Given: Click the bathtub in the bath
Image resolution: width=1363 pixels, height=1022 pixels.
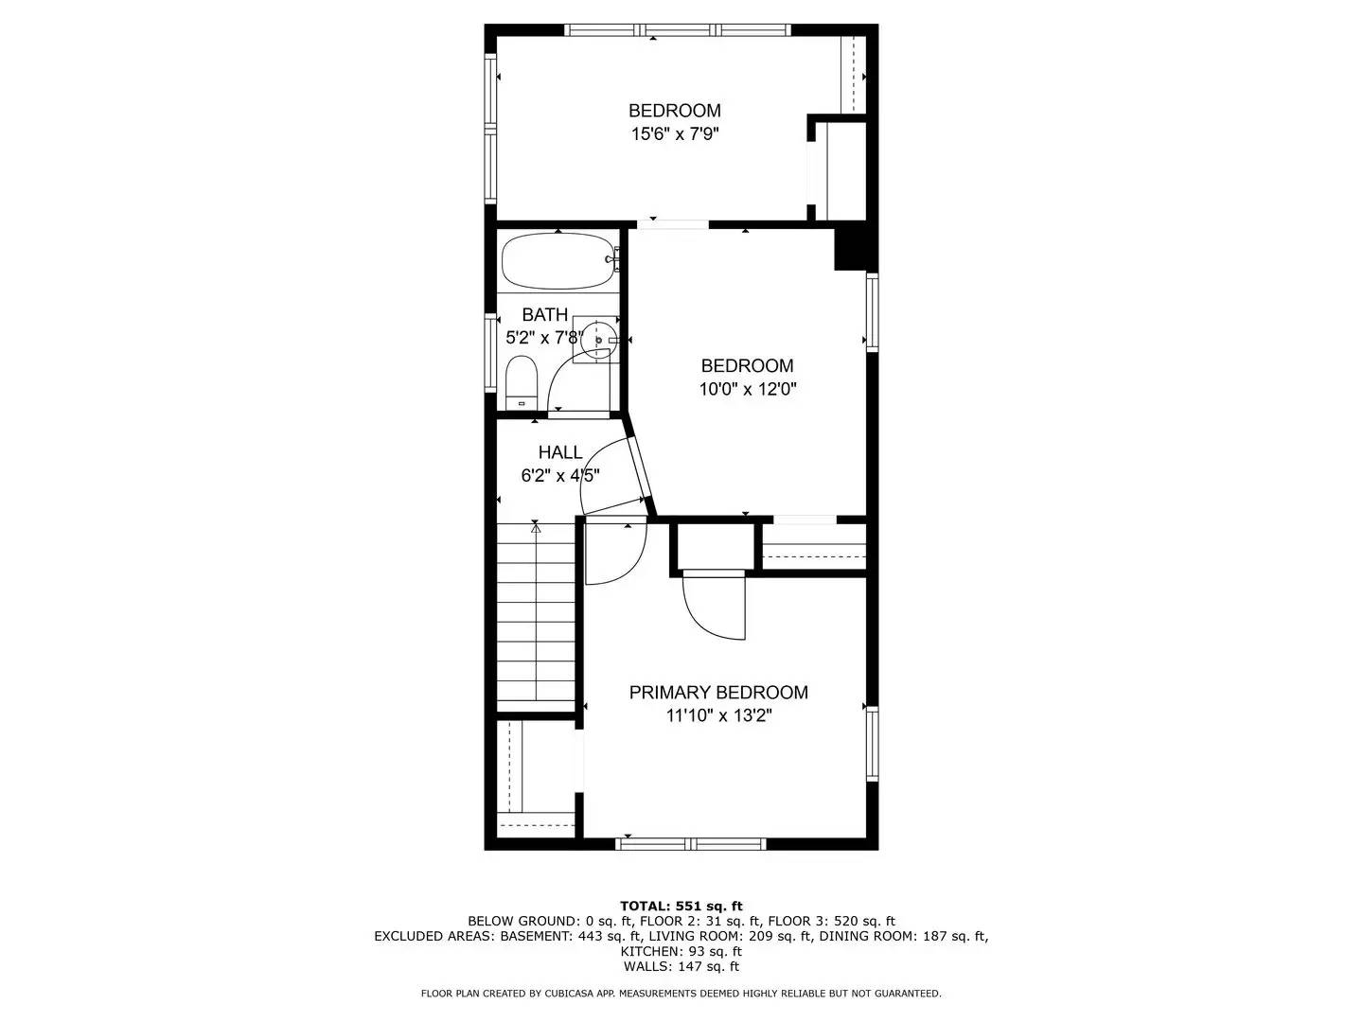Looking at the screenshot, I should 558,260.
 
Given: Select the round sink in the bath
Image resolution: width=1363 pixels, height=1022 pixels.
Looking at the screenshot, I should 597,339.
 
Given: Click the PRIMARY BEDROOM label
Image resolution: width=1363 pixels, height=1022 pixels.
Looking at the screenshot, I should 718,693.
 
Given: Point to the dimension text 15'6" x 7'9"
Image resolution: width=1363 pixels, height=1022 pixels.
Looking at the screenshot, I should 675,134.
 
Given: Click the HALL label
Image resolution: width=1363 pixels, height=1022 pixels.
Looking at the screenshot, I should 560,452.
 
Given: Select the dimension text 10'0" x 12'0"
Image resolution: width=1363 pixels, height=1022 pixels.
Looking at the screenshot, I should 747,389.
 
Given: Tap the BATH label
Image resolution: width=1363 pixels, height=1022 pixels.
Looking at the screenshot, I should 545,314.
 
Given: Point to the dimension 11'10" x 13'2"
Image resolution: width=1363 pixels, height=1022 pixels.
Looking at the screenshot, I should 718,716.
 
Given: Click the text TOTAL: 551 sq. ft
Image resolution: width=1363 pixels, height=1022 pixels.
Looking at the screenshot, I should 681,906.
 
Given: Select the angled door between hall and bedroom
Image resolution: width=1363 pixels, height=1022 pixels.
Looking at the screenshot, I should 640,470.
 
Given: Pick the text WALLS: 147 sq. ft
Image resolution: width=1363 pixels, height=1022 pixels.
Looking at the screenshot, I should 681,966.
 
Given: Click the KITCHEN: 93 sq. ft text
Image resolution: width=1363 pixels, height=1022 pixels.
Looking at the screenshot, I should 681,951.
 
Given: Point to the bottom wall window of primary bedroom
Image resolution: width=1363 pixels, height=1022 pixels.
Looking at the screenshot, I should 691,843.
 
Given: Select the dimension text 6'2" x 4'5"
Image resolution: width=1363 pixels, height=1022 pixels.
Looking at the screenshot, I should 560,476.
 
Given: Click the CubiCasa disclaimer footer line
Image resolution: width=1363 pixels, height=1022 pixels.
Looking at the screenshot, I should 681,994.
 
